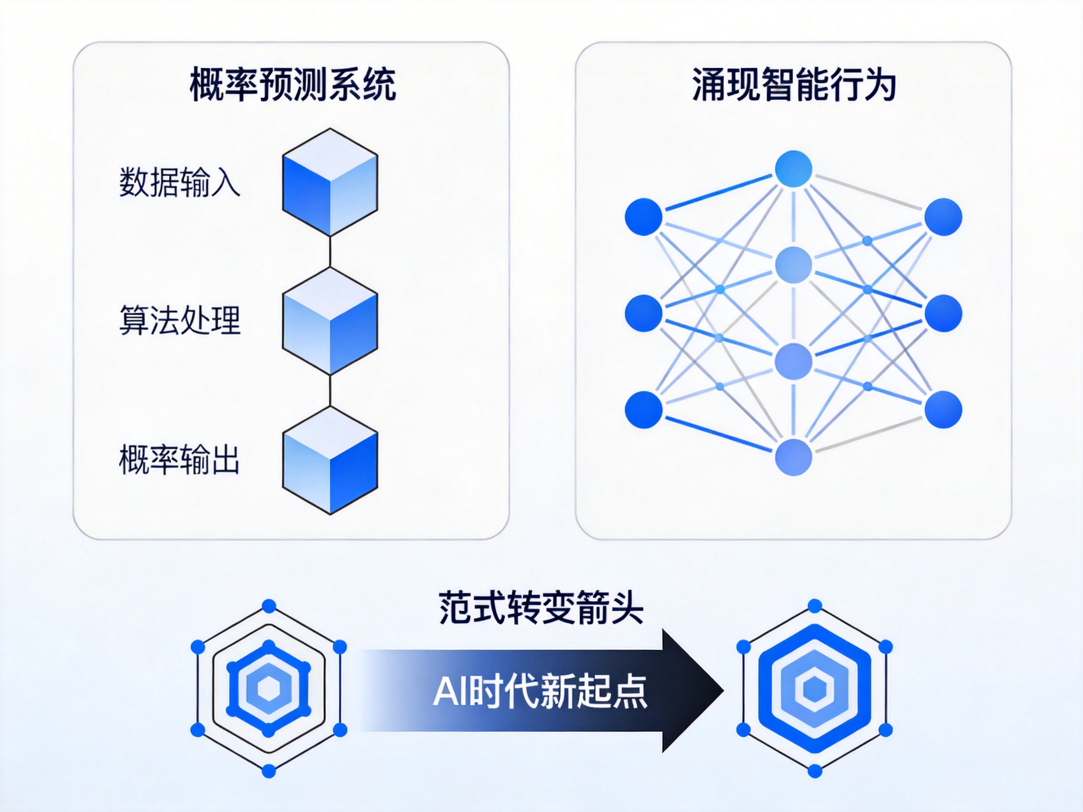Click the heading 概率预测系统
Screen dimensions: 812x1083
coord(292,85)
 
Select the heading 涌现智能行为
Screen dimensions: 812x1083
coord(793,85)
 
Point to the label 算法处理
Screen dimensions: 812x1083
coord(180,320)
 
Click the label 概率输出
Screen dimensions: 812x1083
coord(179,460)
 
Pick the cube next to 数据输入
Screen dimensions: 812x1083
coord(330,183)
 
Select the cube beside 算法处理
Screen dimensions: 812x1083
coord(330,321)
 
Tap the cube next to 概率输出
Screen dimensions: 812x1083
coord(330,460)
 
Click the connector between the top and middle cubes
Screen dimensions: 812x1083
coord(330,252)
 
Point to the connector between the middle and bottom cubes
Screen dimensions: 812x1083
coord(330,391)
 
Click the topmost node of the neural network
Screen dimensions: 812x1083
coord(793,169)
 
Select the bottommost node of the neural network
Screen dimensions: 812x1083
coord(793,457)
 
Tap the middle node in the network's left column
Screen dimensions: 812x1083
coord(644,313)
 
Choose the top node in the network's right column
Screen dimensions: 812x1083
coord(943,217)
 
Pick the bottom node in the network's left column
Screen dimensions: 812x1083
coord(644,410)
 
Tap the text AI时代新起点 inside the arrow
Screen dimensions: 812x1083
coord(540,691)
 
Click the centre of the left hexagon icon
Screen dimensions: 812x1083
coord(269,689)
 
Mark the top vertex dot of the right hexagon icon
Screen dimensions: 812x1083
coord(815,606)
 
